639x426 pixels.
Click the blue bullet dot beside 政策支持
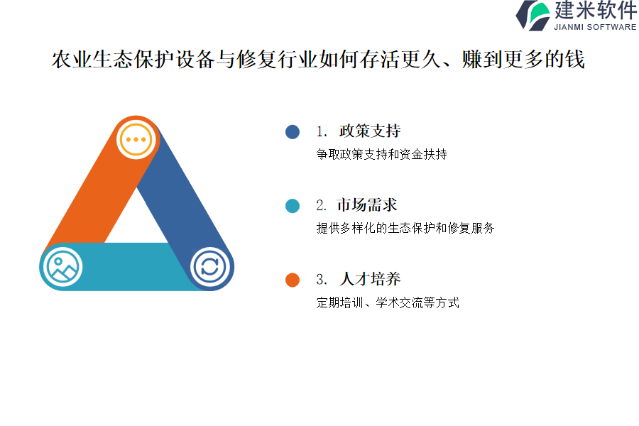[x=293, y=131]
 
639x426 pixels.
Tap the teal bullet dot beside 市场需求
[x=293, y=206]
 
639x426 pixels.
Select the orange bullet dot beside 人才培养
[x=293, y=280]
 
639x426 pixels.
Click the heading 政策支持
[x=370, y=131]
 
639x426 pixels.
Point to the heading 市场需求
[x=367, y=205]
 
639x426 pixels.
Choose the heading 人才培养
[x=370, y=279]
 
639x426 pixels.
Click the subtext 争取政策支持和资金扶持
[x=381, y=154]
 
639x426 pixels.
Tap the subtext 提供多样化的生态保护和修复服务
[x=405, y=228]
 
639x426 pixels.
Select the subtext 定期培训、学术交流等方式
[x=388, y=302]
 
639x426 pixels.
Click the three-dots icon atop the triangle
[x=136, y=139]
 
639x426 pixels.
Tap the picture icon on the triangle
[x=62, y=267]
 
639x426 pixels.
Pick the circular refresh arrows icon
[x=210, y=267]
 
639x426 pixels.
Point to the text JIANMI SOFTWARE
[x=595, y=27]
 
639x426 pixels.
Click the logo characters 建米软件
[x=596, y=10]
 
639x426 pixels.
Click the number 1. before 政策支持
[x=322, y=131]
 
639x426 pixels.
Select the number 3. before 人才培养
[x=322, y=280]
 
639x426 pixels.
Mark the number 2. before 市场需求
[x=321, y=205]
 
